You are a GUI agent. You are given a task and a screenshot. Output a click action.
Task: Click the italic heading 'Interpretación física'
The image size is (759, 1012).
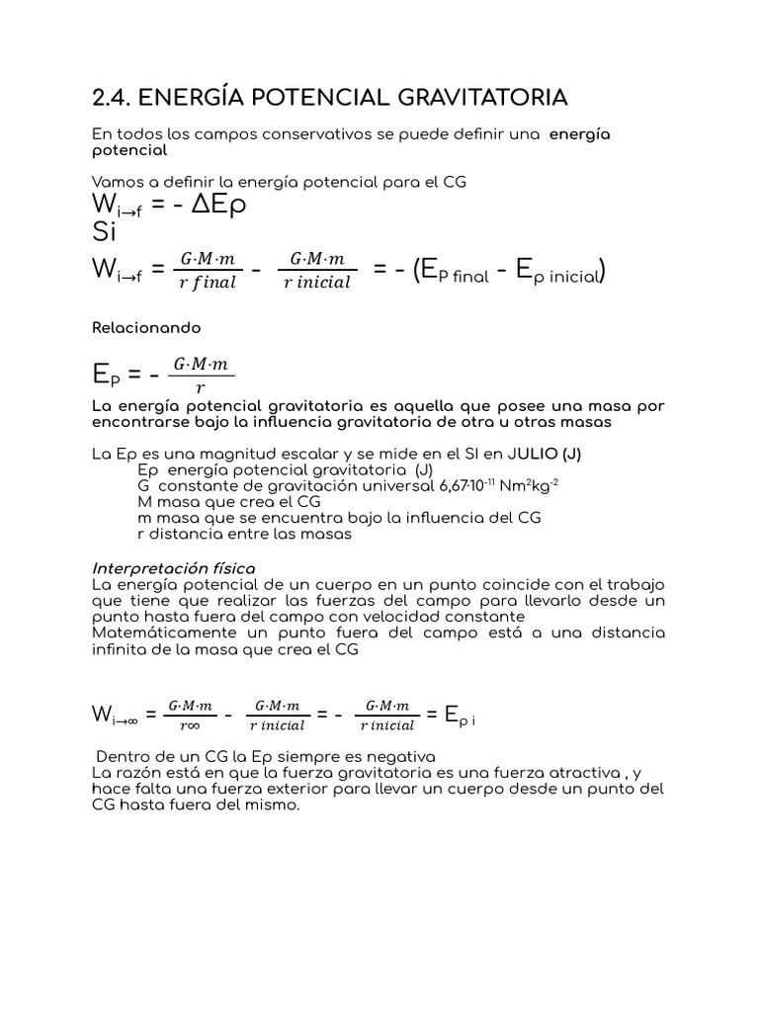coord(173,568)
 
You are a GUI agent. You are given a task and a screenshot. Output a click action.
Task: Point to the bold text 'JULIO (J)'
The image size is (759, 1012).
coord(546,455)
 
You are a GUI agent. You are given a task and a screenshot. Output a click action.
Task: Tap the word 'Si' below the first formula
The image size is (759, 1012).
coord(103,233)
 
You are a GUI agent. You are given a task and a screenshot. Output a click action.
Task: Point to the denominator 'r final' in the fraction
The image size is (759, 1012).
coord(208,282)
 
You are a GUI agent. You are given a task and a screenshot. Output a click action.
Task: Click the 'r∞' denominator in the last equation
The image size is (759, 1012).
coord(192,724)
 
